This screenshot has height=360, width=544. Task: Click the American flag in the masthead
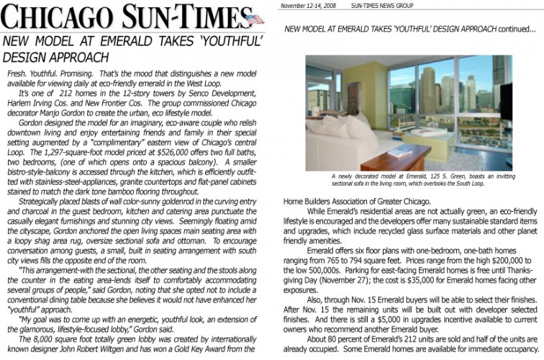[253, 18]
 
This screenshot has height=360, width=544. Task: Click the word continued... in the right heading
[517, 30]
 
